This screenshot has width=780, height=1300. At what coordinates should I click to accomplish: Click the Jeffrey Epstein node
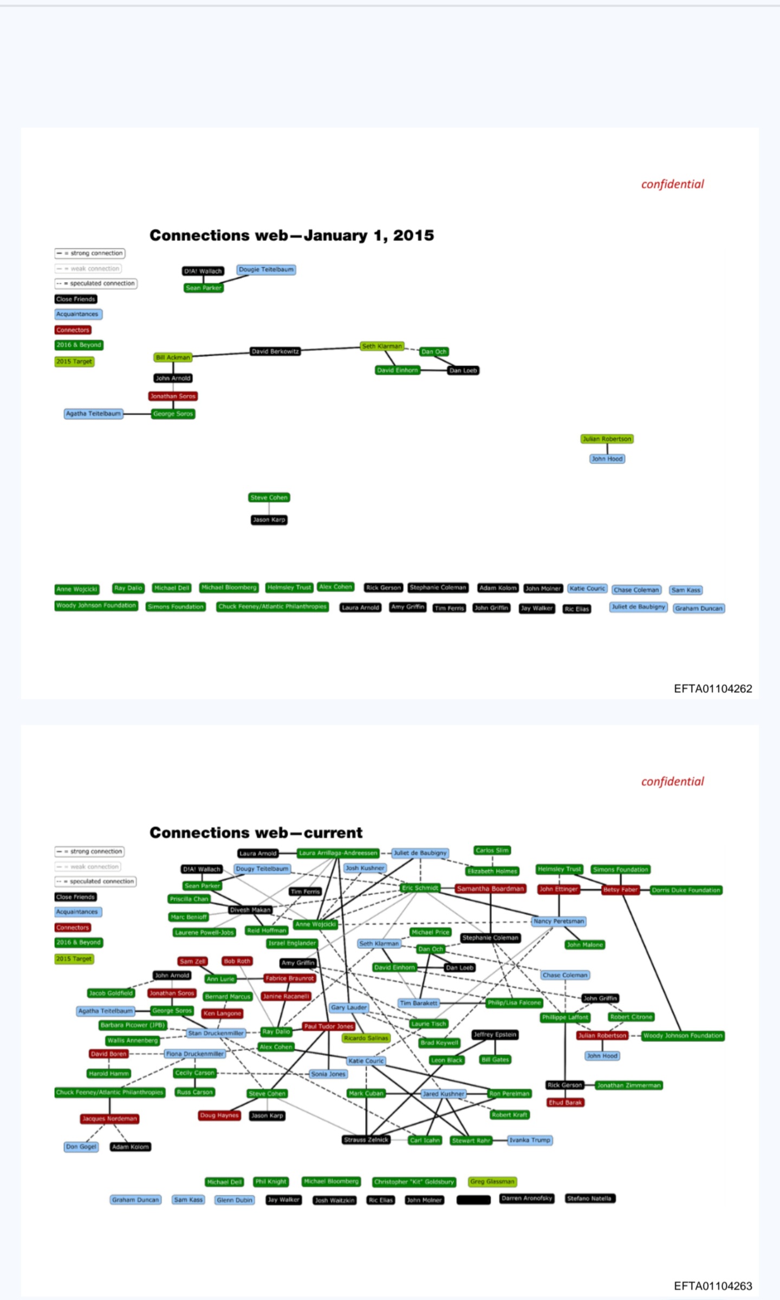(495, 1035)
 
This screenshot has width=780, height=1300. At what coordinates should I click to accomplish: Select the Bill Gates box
(495, 1059)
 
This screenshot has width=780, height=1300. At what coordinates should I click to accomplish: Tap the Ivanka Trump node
(529, 1140)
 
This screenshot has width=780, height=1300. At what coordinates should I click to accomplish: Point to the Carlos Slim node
(492, 850)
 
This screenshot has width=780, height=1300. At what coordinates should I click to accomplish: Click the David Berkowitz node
(275, 352)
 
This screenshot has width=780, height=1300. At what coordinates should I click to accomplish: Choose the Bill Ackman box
(173, 357)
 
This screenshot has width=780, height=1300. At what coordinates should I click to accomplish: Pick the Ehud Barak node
(565, 1102)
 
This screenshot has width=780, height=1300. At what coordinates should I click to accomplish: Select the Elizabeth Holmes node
(492, 871)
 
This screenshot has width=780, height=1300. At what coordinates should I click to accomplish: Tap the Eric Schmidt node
(420, 888)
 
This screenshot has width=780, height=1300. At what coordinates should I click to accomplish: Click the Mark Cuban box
(366, 1093)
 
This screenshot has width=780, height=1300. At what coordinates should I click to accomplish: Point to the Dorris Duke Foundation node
(686, 890)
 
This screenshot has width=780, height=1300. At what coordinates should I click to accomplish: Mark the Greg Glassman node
(492, 1181)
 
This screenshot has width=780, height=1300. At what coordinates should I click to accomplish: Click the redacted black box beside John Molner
(473, 1200)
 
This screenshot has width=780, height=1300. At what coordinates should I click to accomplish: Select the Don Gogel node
(81, 1147)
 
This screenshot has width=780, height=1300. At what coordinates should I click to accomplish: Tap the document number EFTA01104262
(712, 688)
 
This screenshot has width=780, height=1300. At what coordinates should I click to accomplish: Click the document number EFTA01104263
(712, 1286)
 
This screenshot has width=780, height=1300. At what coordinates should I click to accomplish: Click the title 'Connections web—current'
(256, 833)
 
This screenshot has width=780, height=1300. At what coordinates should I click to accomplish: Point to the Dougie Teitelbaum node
(266, 270)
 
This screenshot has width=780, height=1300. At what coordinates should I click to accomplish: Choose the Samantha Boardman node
(490, 888)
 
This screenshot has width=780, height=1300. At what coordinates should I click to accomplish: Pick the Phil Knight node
(271, 1181)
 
